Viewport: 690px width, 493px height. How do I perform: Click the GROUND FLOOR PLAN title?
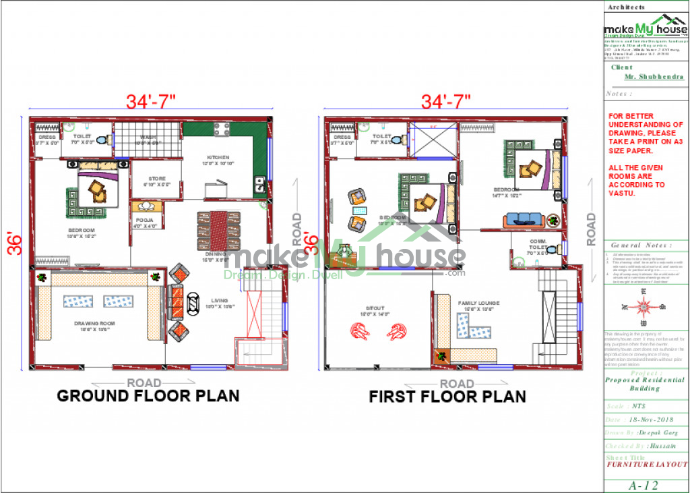click(148, 396)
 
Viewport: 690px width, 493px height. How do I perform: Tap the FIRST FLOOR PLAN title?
click(447, 397)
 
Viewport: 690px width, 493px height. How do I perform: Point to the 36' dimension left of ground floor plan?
click(15, 243)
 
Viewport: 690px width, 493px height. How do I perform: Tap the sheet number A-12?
click(644, 485)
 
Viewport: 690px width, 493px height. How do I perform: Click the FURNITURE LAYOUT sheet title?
click(647, 465)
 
